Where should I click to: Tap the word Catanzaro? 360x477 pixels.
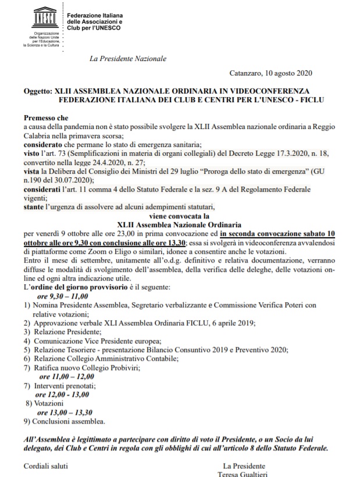tap(246, 73)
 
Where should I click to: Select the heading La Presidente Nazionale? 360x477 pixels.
tap(128, 59)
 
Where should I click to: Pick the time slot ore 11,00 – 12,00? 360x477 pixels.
tap(65, 376)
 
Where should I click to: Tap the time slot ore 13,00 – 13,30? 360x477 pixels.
tap(65, 411)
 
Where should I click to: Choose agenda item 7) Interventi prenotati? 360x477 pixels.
tap(63, 385)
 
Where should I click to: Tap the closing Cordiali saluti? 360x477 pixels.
tap(46, 466)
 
